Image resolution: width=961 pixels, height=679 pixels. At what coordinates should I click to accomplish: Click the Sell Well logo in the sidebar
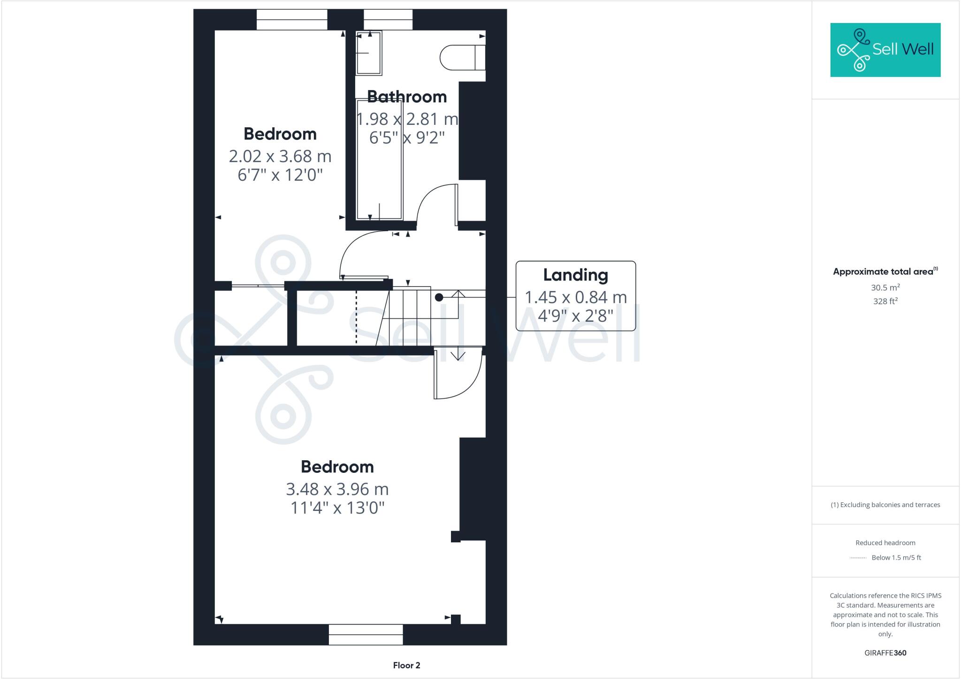885,50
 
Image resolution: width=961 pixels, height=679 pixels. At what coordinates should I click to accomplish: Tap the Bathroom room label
406,97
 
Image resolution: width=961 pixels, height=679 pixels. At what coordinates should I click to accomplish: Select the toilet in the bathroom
462,58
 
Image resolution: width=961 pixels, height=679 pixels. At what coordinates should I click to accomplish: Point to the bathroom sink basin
368,53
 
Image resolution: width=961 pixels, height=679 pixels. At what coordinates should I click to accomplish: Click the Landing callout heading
575,275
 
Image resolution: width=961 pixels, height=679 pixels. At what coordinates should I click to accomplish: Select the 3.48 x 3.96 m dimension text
337,489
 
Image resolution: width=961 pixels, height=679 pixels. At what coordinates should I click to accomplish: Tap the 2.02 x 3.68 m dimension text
280,156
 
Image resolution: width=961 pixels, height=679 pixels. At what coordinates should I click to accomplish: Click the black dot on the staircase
439,297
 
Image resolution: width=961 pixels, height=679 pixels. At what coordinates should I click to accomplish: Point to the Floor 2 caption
406,665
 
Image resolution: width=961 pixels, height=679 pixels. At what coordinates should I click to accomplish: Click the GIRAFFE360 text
885,653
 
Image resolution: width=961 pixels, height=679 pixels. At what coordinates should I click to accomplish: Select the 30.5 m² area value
885,287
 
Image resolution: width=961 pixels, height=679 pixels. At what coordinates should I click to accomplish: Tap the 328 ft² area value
885,301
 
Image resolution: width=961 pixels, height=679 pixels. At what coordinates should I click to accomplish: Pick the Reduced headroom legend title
885,543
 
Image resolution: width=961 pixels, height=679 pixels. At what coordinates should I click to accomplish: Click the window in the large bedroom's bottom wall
366,634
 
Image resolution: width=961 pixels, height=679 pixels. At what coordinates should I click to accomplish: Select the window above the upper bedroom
291,19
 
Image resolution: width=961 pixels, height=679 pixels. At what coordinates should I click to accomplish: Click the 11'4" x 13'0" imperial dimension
337,508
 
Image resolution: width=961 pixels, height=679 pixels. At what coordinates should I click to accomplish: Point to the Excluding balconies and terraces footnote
885,505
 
